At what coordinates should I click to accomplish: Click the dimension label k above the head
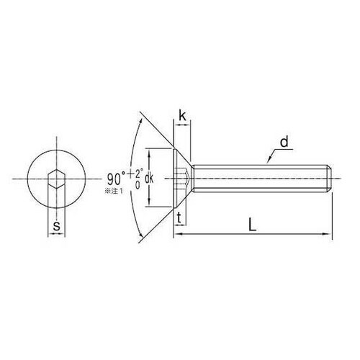[x=182, y=116]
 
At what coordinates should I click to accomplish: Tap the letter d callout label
[x=284, y=142]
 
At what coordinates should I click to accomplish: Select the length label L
[x=252, y=225]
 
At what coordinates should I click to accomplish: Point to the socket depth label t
[x=179, y=218]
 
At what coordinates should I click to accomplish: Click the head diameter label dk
[x=149, y=179]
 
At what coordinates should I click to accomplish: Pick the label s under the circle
[x=56, y=225]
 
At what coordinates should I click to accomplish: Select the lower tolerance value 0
[x=138, y=185]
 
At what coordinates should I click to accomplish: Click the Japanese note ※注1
[x=113, y=191]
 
